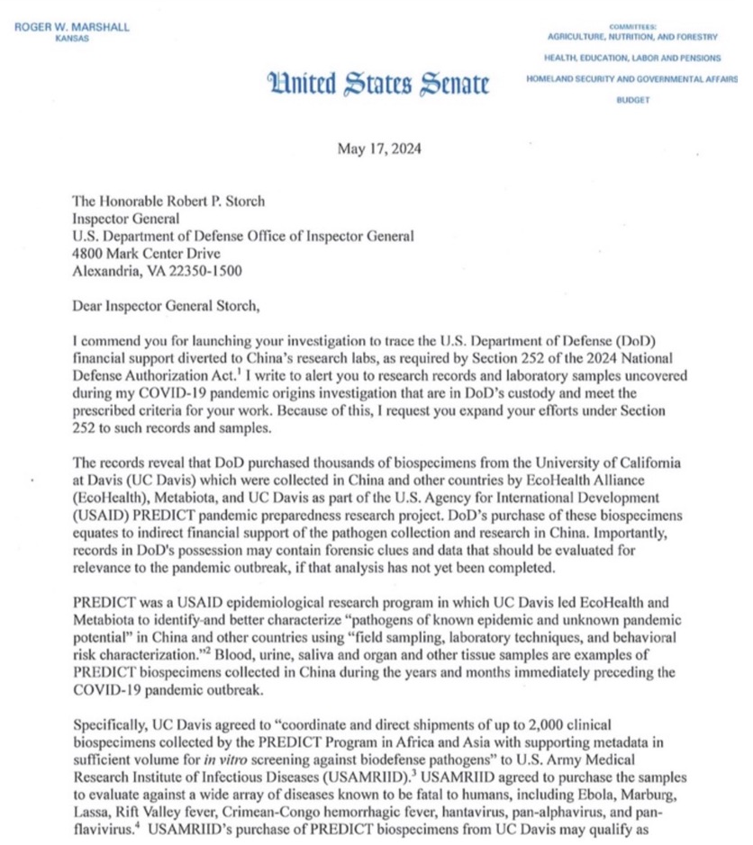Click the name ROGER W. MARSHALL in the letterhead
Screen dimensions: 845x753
click(x=72, y=26)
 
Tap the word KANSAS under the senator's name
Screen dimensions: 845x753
click(x=73, y=40)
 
